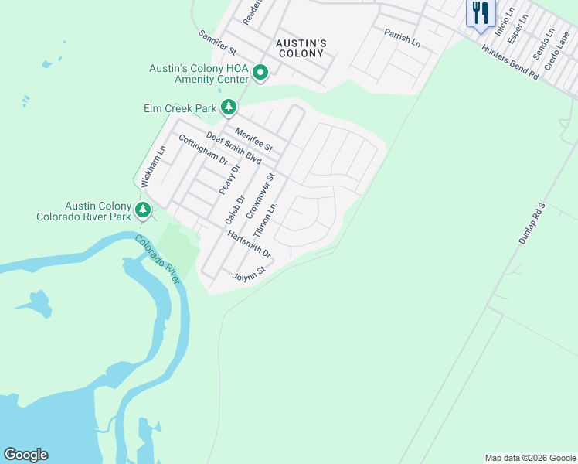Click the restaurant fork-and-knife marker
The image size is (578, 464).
point(480,13)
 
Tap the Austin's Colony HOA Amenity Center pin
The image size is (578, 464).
point(260,73)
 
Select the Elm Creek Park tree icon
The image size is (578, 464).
point(228,107)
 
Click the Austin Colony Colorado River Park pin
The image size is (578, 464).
point(142,210)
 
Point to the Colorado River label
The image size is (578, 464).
point(158,259)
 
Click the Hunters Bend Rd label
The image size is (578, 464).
point(510,62)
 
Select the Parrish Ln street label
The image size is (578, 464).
point(403,38)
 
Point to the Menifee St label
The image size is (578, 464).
point(254,139)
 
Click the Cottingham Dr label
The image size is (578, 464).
point(203,150)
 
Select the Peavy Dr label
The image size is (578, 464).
point(230,179)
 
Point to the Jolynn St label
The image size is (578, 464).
point(249,274)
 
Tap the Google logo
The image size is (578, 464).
point(25,455)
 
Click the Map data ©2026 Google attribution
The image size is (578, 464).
point(530,458)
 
